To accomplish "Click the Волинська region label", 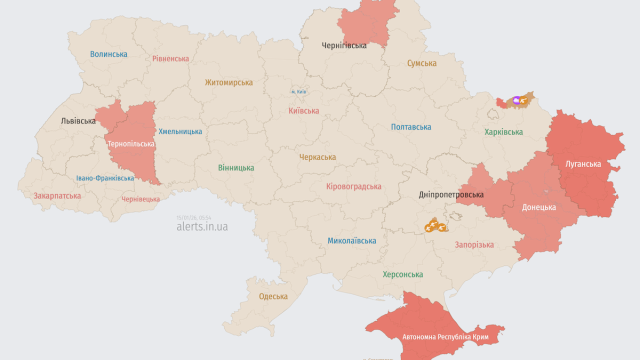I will [108, 54].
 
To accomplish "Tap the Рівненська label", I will [170, 58].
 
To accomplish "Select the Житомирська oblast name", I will [228, 82].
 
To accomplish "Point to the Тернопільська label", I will [131, 144].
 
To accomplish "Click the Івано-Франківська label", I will [105, 178].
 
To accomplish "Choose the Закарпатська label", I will [57, 196].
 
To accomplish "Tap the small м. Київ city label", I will [298, 92].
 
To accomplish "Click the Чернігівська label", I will [344, 45].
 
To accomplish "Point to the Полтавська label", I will [411, 127].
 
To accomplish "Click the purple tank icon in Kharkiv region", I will [516, 100].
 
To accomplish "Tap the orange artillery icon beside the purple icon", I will [523, 100].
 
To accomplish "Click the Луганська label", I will [583, 163].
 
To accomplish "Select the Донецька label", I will [538, 207].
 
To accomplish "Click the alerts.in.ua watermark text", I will [202, 226].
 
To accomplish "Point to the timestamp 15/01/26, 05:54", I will [193, 217].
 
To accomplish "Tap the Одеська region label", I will [273, 296].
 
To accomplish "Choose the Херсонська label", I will [402, 274].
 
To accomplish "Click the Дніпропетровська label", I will [451, 194].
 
